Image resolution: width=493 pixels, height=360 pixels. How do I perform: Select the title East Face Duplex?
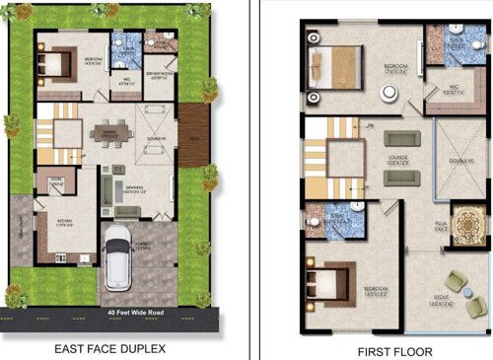[x=110, y=348]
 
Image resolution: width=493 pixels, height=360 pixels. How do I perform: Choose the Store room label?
[x=55, y=180]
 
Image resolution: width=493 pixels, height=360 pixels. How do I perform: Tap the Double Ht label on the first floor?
[x=459, y=160]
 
